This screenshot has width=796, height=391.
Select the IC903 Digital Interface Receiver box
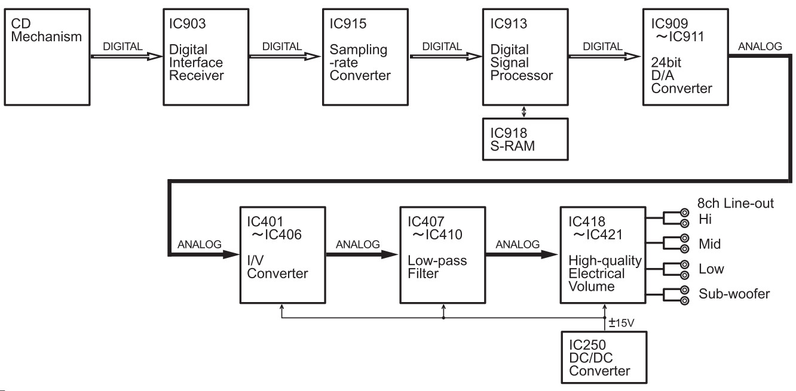(203, 56)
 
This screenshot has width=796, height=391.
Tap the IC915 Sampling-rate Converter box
(362, 56)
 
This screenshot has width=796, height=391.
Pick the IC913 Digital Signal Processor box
(524, 56)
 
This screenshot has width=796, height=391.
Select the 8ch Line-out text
(736, 204)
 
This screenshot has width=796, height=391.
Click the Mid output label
(709, 244)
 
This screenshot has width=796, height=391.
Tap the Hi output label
(706, 219)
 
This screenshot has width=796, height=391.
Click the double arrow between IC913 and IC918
(524, 112)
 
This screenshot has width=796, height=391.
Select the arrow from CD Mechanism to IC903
(125, 57)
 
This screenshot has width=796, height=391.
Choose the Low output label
(711, 269)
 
